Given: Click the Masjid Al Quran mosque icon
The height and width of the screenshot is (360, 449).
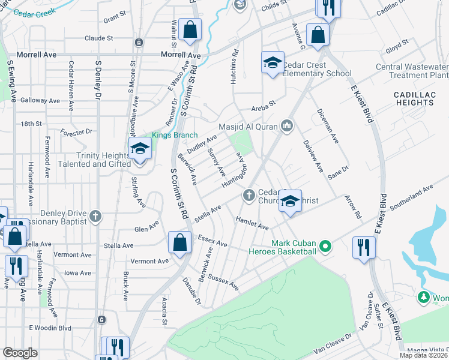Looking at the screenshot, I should (x=286, y=125).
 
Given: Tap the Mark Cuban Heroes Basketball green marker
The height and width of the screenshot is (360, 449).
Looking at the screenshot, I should (x=325, y=245).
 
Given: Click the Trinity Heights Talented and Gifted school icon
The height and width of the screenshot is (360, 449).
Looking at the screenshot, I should (x=140, y=150).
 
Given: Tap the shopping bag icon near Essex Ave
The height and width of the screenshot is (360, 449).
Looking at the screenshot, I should (x=179, y=243).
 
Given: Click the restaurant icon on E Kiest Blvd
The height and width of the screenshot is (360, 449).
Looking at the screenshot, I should (x=364, y=248).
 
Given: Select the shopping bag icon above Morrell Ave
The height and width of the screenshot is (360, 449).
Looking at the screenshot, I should (x=190, y=31).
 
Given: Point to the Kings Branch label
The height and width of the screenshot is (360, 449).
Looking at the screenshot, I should (x=174, y=135).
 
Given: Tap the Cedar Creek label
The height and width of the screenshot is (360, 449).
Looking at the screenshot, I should (x=34, y=11).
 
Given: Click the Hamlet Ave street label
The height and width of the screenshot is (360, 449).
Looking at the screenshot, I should (x=252, y=223).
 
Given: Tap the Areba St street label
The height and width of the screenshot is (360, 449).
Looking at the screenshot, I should (x=263, y=103).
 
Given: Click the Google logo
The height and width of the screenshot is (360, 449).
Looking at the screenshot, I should (x=20, y=353).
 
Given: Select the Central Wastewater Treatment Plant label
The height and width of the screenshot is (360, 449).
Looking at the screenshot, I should (x=412, y=71).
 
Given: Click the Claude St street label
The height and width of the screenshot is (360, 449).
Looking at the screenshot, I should (x=99, y=38).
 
